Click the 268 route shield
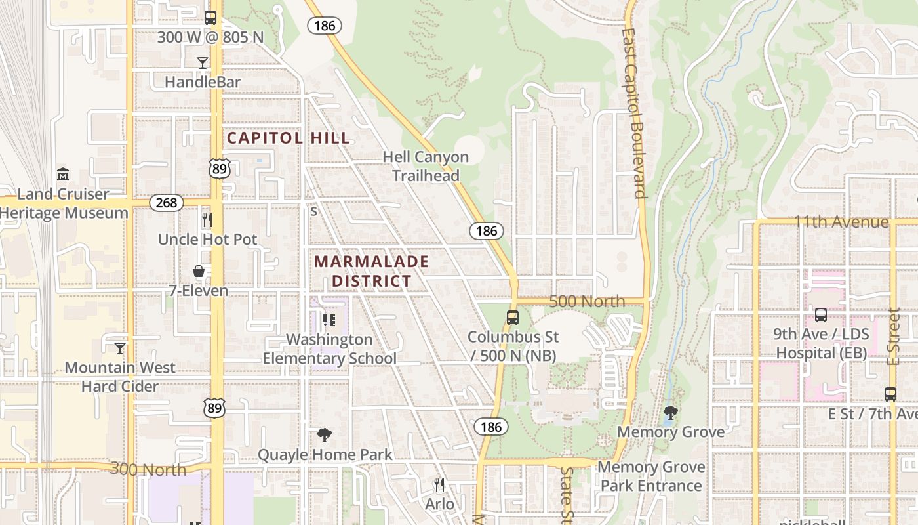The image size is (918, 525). [x=167, y=203]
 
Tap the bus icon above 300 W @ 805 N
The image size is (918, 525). [x=210, y=18]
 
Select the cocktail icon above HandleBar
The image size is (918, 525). [x=203, y=62]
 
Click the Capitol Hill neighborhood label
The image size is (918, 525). [x=289, y=138]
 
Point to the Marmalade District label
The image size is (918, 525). [x=371, y=271]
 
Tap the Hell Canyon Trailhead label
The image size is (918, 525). [x=426, y=166]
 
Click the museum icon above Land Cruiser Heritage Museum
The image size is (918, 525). [x=63, y=175]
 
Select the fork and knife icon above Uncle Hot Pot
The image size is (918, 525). [x=207, y=219]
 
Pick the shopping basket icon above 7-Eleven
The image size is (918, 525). [x=198, y=271]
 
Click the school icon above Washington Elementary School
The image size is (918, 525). [x=329, y=320]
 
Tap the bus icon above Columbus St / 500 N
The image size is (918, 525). [x=513, y=318]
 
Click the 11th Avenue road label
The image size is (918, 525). [x=841, y=222]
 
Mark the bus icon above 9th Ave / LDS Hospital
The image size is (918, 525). [x=821, y=315]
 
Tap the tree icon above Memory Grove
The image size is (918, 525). [x=670, y=413]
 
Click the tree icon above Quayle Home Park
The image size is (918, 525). [x=324, y=434]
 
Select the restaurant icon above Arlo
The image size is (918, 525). [x=439, y=485]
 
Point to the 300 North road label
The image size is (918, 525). [x=148, y=469]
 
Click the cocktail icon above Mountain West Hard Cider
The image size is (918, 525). [x=120, y=348]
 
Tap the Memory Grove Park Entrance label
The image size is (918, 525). [x=652, y=476]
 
